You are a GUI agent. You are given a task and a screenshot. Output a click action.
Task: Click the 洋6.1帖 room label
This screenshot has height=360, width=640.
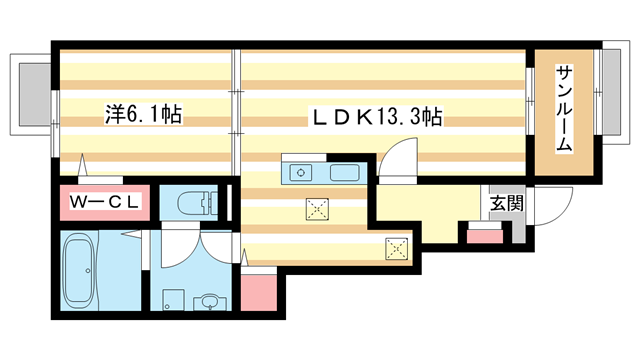pyautogui.click(x=143, y=115)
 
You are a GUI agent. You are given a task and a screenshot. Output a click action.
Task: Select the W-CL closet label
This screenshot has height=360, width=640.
pyautogui.click(x=103, y=202)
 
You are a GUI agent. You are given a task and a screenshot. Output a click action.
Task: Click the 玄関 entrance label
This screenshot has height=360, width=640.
pyautogui.click(x=504, y=203)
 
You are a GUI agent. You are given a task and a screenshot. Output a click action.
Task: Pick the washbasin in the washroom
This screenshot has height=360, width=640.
pyautogui.click(x=207, y=300)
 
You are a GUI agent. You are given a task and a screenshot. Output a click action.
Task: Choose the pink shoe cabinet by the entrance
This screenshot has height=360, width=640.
pyautogui.click(x=483, y=236)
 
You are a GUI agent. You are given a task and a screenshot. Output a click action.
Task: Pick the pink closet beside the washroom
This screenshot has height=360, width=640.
pyautogui.click(x=257, y=290)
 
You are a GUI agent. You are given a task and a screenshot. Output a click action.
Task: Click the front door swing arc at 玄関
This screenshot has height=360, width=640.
pyautogui.click(x=549, y=210)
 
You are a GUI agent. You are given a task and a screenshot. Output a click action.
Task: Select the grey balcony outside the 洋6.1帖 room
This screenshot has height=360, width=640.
pyautogui.click(x=32, y=92)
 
